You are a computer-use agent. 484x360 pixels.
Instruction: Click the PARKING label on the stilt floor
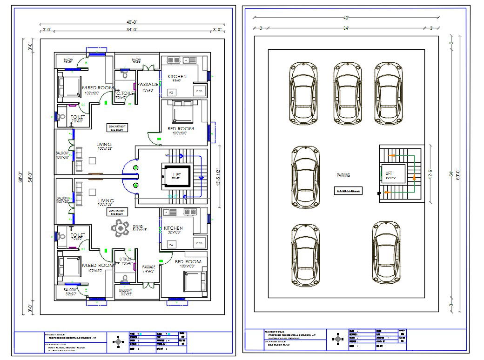coord(343,175)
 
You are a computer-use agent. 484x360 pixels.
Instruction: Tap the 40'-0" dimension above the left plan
coord(132,22)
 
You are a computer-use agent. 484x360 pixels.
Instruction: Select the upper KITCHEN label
coord(177,76)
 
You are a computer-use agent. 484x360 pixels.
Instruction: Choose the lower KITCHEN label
coord(173,228)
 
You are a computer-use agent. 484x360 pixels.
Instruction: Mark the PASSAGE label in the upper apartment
coord(148,84)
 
